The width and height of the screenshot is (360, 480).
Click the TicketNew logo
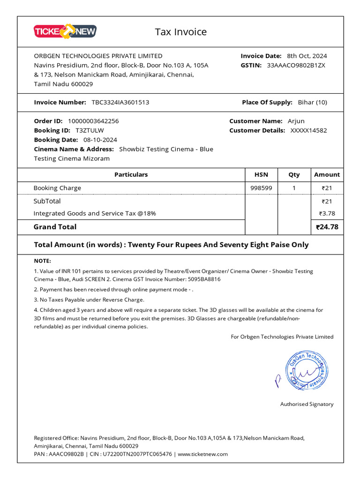[x=65, y=31]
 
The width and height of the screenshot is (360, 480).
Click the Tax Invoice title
[x=180, y=32]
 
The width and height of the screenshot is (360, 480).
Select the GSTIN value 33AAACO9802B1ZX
[x=296, y=65]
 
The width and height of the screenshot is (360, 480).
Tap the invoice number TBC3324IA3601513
[x=120, y=102]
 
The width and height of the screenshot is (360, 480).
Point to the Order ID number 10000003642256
[x=93, y=121]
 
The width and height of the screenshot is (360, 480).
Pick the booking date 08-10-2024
[x=100, y=140]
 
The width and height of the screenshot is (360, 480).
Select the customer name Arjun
[x=296, y=121]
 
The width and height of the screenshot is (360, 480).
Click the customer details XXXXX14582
[x=308, y=130]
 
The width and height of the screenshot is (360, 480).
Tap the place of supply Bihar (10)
[x=312, y=102]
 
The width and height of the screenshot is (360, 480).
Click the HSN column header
[x=261, y=174]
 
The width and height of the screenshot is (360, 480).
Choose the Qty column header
[x=294, y=174]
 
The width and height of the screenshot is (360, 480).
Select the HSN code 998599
[x=261, y=188]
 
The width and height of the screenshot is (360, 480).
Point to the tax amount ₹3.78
[x=327, y=214]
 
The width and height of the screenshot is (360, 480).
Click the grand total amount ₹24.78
[x=327, y=227]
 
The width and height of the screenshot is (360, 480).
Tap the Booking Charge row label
[x=57, y=188]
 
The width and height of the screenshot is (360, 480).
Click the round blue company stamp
[x=307, y=370]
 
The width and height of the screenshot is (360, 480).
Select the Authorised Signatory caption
[x=307, y=404]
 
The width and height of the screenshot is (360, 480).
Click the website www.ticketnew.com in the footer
[x=202, y=454]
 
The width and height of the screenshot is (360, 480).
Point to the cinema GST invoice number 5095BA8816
[x=204, y=279]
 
